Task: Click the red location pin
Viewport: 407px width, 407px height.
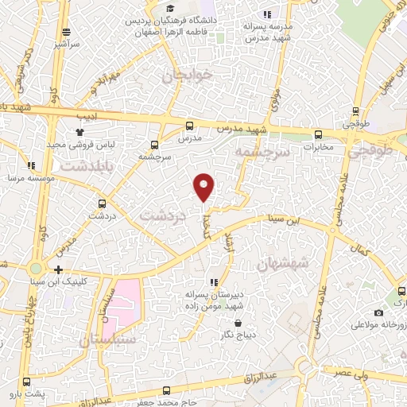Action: pyautogui.click(x=204, y=186)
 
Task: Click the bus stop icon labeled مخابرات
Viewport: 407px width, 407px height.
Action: pyautogui.click(x=318, y=134)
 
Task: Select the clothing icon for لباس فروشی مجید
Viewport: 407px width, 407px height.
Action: pyautogui.click(x=79, y=132)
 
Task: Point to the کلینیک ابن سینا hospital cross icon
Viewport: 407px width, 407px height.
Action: pyautogui.click(x=59, y=269)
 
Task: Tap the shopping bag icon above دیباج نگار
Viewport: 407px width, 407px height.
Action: pyautogui.click(x=239, y=323)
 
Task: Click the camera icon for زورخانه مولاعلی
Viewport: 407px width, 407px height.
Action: pyautogui.click(x=378, y=313)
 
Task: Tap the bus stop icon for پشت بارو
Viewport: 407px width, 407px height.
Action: pyautogui.click(x=27, y=382)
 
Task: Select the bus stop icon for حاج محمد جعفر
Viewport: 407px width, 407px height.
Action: pyautogui.click(x=166, y=390)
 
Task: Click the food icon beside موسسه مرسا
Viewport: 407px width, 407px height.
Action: pyautogui.click(x=31, y=165)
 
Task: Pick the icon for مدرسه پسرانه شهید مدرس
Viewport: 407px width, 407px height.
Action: pyautogui.click(x=267, y=14)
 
